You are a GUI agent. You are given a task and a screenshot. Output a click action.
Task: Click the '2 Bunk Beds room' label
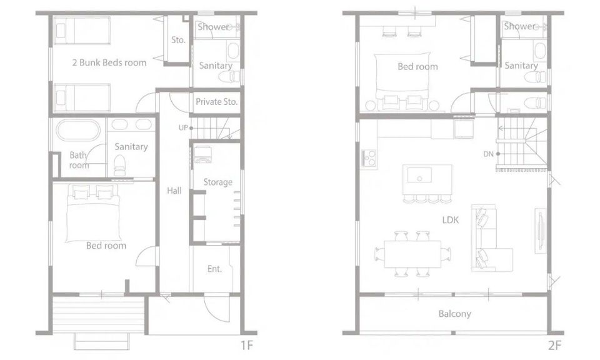click(109, 62)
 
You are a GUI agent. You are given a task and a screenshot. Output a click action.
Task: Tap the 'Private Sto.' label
click(217, 102)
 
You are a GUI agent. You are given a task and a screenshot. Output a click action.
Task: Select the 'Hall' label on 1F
click(174, 191)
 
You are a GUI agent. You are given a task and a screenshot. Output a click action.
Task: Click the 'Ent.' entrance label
click(214, 269)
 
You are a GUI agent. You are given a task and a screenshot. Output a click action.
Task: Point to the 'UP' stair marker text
click(183, 127)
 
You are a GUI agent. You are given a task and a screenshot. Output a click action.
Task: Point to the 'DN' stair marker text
click(488, 154)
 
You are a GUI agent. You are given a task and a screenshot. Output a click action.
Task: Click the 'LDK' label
click(451, 220)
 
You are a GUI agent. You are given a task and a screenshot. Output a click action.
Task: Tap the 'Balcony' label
click(454, 314)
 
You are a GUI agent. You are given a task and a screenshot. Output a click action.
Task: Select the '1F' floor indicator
click(247, 346)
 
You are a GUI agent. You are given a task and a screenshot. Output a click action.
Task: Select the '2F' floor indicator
click(554, 346)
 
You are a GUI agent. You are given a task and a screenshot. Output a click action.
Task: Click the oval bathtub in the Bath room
click(78, 131)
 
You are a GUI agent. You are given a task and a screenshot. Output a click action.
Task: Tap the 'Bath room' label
click(79, 160)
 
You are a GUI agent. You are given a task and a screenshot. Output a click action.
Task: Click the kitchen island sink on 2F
click(419, 176)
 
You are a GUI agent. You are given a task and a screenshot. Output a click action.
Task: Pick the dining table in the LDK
click(412, 254)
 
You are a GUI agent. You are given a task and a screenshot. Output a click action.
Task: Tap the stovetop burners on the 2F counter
click(369, 157)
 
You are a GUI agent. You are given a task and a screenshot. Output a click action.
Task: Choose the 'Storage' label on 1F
click(217, 182)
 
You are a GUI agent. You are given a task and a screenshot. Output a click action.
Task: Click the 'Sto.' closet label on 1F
click(178, 40)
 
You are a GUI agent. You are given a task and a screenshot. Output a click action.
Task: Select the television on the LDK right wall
click(540, 230)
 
